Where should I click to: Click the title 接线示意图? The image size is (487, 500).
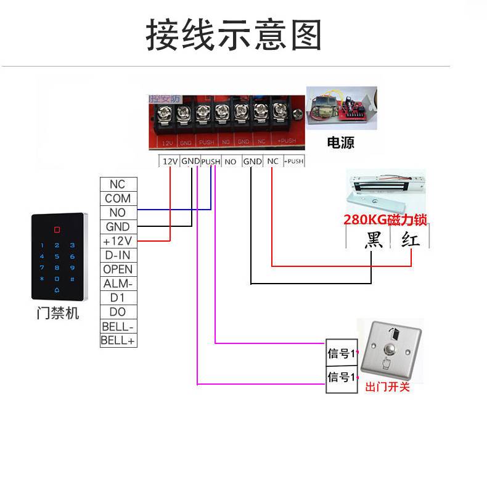[234, 35]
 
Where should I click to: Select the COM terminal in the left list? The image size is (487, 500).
[118, 199]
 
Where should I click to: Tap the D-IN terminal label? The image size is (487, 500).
[118, 255]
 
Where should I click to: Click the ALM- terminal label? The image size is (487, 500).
[118, 284]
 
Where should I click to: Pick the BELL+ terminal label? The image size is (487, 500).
[118, 340]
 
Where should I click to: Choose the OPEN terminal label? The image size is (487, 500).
[118, 269]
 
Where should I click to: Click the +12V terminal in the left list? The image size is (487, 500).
[118, 241]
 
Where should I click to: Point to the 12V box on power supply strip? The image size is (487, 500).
[170, 162]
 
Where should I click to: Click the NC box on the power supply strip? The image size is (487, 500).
[273, 162]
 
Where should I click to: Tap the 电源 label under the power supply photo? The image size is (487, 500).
[340, 143]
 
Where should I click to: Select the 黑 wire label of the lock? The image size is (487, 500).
[374, 239]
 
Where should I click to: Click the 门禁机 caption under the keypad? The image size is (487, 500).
[58, 314]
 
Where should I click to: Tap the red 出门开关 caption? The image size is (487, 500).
[388, 387]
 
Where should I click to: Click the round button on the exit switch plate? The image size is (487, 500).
[391, 351]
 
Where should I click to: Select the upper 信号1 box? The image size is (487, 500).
[341, 354]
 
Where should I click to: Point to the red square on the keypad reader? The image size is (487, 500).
[57, 230]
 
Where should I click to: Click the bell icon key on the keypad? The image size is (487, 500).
[57, 290]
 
